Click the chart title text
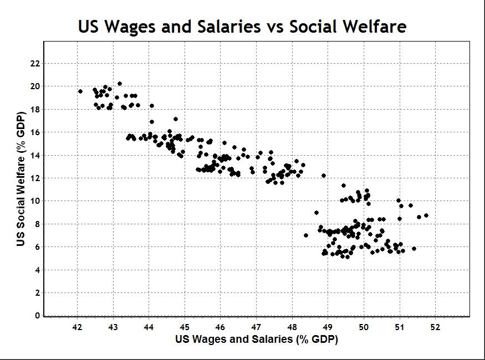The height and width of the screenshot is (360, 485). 242,26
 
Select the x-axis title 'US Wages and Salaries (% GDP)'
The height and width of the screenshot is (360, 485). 257,340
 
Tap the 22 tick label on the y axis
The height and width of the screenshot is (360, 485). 35,64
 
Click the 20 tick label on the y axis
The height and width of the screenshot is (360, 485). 35,86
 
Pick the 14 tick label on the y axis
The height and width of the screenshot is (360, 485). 35,156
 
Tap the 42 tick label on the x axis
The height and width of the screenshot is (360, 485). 77,327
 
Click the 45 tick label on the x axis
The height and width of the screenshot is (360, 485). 185,327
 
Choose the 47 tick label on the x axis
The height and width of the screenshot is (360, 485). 256,327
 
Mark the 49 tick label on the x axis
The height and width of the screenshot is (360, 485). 328,327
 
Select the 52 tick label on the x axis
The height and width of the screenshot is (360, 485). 435,327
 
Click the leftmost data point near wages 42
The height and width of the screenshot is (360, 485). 80,91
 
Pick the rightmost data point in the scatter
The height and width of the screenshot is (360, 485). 426,215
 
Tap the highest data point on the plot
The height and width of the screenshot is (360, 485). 120,84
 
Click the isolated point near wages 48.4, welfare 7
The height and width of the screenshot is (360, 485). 306,235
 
